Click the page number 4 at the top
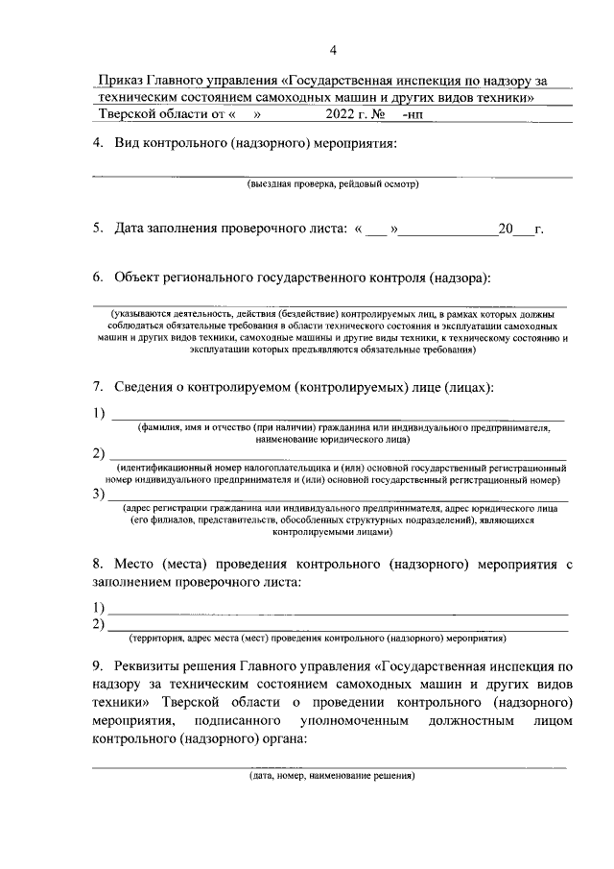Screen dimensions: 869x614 pyautogui.click(x=333, y=50)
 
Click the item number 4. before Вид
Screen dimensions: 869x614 pyautogui.click(x=98, y=143)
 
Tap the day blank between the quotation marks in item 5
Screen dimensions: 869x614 pyautogui.click(x=378, y=229)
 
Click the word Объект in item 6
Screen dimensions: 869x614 pyautogui.click(x=140, y=277)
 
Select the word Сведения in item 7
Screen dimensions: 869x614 pyautogui.click(x=147, y=387)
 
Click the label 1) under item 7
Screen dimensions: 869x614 pyautogui.click(x=98, y=414)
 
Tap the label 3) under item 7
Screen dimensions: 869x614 pyautogui.click(x=98, y=495)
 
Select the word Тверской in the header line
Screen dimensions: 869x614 pyautogui.click(x=130, y=114)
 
